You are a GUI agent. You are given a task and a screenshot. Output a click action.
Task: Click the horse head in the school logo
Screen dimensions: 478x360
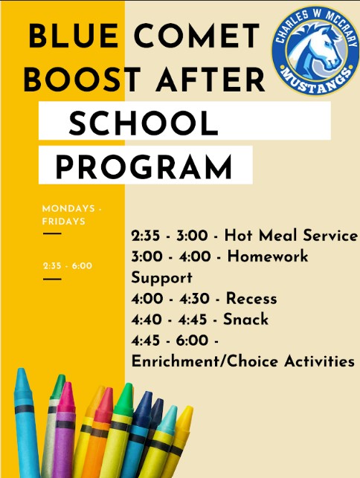[x=315, y=46]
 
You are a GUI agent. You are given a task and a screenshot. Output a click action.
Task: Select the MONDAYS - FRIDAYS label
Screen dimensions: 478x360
[x=71, y=215]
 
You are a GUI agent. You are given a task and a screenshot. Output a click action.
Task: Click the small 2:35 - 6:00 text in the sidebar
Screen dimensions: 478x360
[x=67, y=265]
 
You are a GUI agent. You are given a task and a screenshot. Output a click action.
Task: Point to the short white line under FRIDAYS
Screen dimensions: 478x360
[x=51, y=233]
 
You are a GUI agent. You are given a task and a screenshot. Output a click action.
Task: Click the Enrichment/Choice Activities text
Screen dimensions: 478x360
[x=242, y=361]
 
